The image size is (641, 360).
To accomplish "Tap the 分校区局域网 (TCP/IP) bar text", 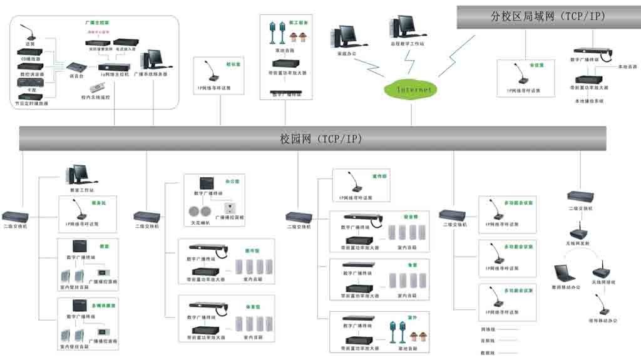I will tap(548, 17).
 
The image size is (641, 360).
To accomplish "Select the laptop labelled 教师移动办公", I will tap(564, 273).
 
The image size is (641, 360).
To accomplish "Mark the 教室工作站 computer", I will tap(79, 175).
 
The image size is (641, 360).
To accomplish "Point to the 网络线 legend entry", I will tap(488, 329).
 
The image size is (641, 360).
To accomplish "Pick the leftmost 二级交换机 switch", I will tap(14, 217).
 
